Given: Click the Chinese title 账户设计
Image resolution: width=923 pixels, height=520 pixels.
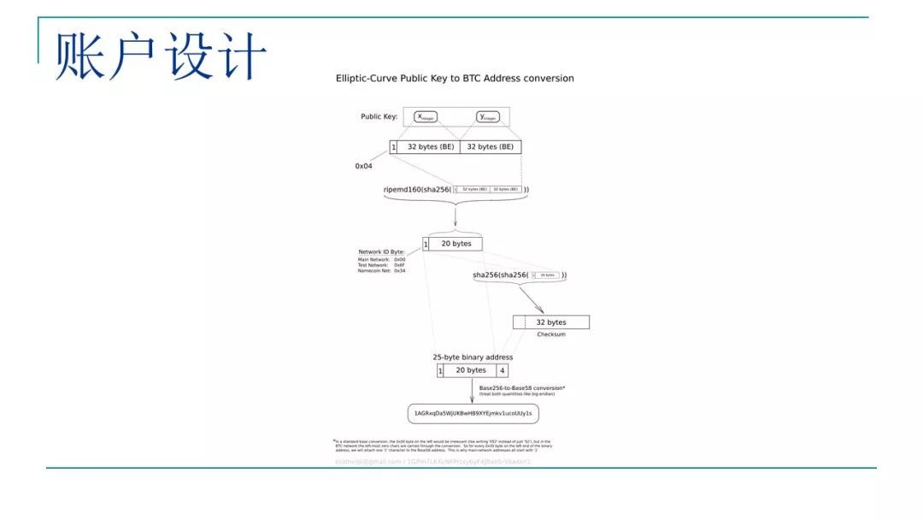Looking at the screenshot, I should point(161,56).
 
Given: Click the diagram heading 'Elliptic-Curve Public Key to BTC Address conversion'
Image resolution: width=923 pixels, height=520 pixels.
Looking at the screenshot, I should point(454,79).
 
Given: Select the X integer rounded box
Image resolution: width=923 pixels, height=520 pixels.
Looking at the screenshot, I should point(425,116).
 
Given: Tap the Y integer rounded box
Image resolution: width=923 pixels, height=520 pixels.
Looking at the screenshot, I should point(487,116).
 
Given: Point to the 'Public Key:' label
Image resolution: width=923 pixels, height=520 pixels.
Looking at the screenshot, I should point(379,116).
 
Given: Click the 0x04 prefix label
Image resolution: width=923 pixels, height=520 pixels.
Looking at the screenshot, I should point(363,166).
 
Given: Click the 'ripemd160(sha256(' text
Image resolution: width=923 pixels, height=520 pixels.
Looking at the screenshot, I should point(416,189).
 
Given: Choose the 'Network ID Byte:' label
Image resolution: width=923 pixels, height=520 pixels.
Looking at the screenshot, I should point(381,252).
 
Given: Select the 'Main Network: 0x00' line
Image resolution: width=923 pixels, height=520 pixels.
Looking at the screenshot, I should point(381,259).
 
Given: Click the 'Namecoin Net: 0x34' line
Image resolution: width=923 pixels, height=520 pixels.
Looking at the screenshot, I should point(381,270).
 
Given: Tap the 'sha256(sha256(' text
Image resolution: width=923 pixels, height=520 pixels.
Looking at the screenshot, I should point(500,275).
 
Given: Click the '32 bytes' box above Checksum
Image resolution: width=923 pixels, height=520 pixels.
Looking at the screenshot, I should point(550,322).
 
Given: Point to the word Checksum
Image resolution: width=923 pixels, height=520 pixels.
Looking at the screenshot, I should point(551,334).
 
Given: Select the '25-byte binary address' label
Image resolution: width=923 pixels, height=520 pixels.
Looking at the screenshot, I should point(473,357).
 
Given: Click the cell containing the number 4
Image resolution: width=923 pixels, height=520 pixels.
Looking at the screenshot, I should point(503,370).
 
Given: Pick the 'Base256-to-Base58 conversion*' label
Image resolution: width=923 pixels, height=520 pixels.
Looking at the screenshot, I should point(521,388).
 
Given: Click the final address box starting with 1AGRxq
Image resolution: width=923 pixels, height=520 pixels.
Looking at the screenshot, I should point(473,414).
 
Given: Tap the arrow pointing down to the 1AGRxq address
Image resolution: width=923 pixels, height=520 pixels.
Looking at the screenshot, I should point(472,391).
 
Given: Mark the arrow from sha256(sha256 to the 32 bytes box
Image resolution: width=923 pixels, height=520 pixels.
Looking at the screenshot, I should point(531,298).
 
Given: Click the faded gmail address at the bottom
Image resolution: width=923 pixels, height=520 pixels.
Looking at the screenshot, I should point(367,462).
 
